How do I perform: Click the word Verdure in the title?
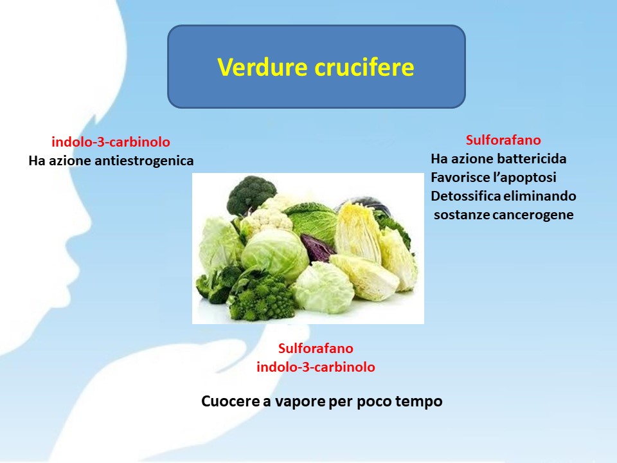262,66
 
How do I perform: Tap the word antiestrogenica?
144,161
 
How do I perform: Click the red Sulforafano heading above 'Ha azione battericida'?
503,140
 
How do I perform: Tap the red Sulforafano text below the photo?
316,348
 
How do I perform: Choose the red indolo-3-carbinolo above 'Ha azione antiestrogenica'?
111,141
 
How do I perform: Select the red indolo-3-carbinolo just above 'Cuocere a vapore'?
316,367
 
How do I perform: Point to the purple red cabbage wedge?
317,248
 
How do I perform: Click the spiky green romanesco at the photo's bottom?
262,298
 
